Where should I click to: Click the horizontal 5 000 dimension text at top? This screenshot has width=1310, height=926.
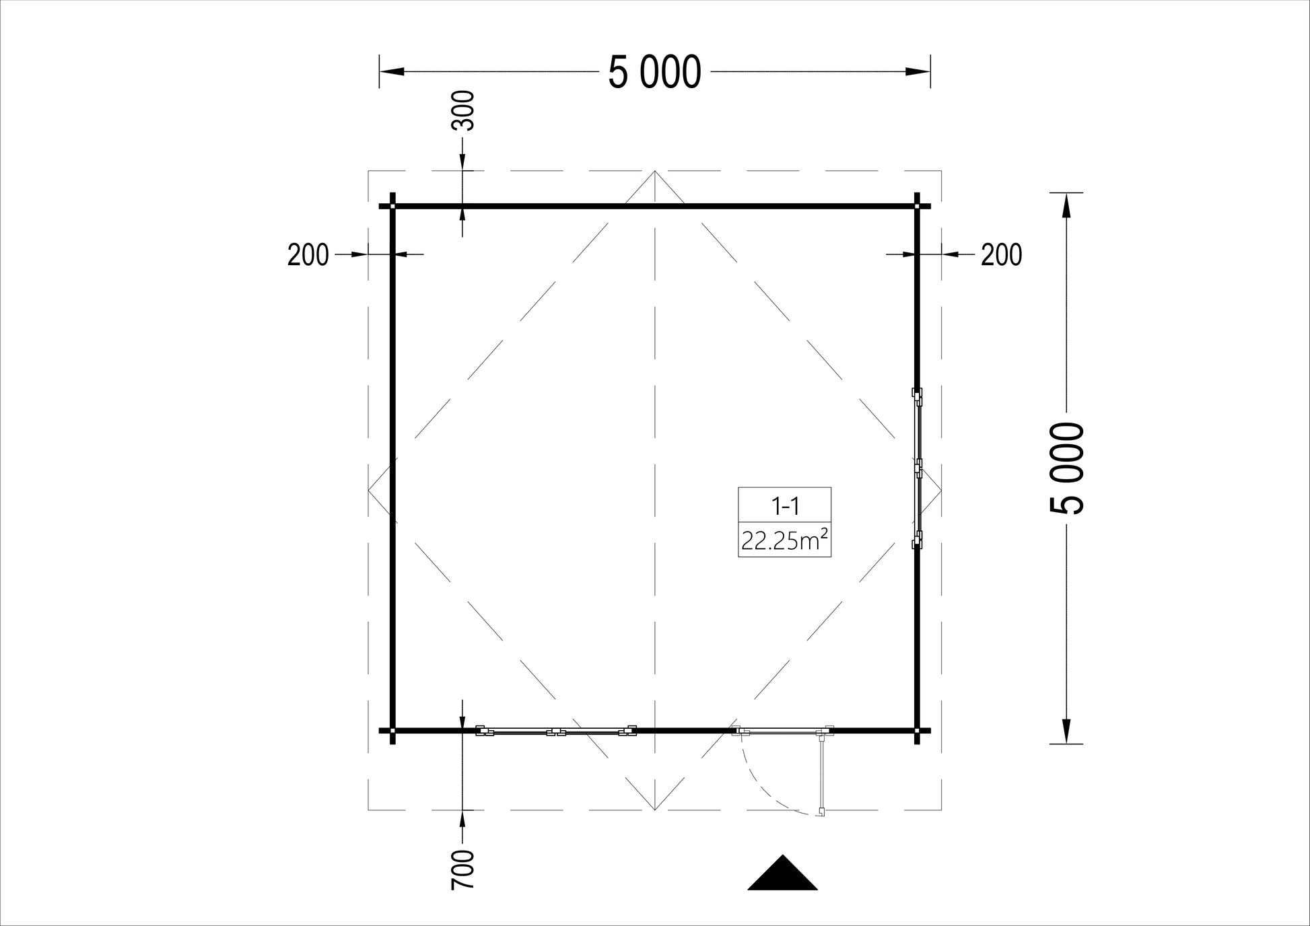(654, 72)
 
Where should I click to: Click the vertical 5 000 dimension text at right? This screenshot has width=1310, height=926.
(1067, 468)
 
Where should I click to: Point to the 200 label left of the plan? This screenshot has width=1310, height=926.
(308, 255)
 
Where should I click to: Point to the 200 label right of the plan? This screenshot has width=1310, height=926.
(1001, 255)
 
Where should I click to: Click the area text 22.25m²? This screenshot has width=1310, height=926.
(784, 540)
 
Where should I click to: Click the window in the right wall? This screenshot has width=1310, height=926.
(917, 468)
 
